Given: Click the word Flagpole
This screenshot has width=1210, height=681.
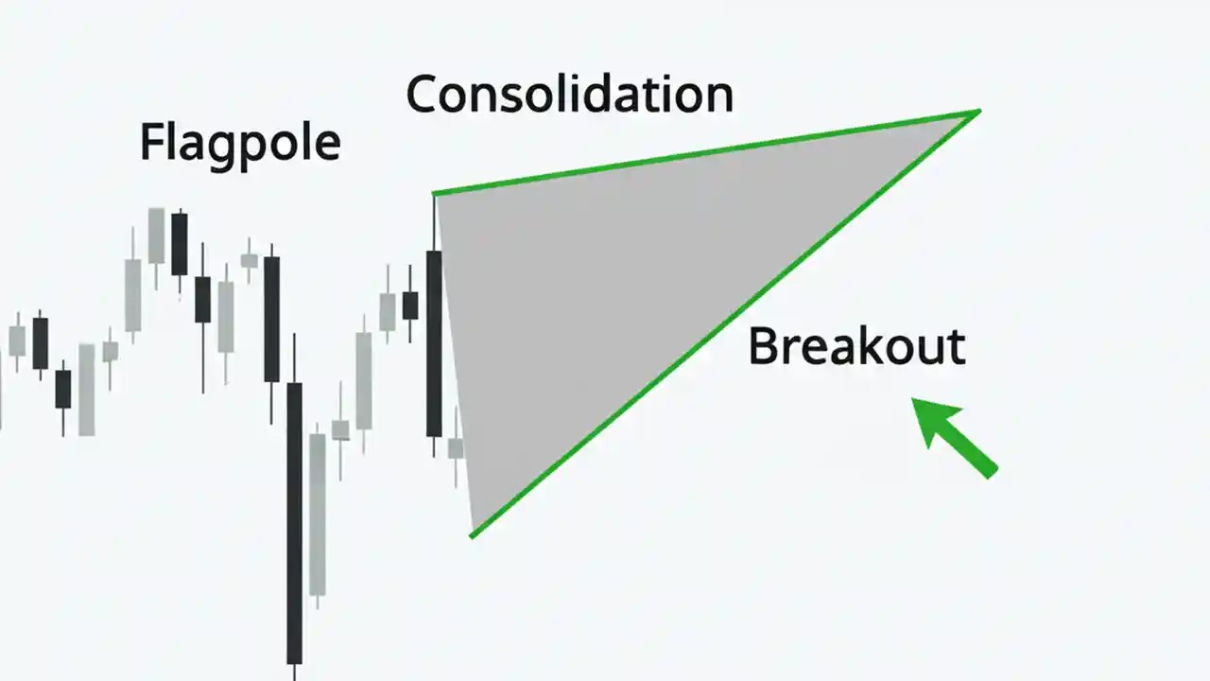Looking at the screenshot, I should click(239, 145).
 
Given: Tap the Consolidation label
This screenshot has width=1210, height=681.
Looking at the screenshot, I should click(569, 96).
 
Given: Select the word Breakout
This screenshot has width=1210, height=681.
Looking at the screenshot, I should click(856, 347).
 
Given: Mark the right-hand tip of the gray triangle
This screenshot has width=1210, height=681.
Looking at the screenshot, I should click(977, 113).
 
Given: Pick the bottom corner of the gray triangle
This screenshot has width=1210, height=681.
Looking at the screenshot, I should click(472, 535).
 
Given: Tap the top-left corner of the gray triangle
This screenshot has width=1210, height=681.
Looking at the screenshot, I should click(435, 195).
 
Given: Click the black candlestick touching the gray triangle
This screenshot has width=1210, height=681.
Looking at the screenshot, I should click(434, 342).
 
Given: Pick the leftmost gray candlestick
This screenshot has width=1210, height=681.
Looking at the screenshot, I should click(17, 340).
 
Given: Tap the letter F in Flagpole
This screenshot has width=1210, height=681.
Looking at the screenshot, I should click(150, 143).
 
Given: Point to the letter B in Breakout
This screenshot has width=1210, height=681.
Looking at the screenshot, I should click(761, 347).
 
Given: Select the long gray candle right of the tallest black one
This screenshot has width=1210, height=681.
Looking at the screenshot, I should click(318, 515).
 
